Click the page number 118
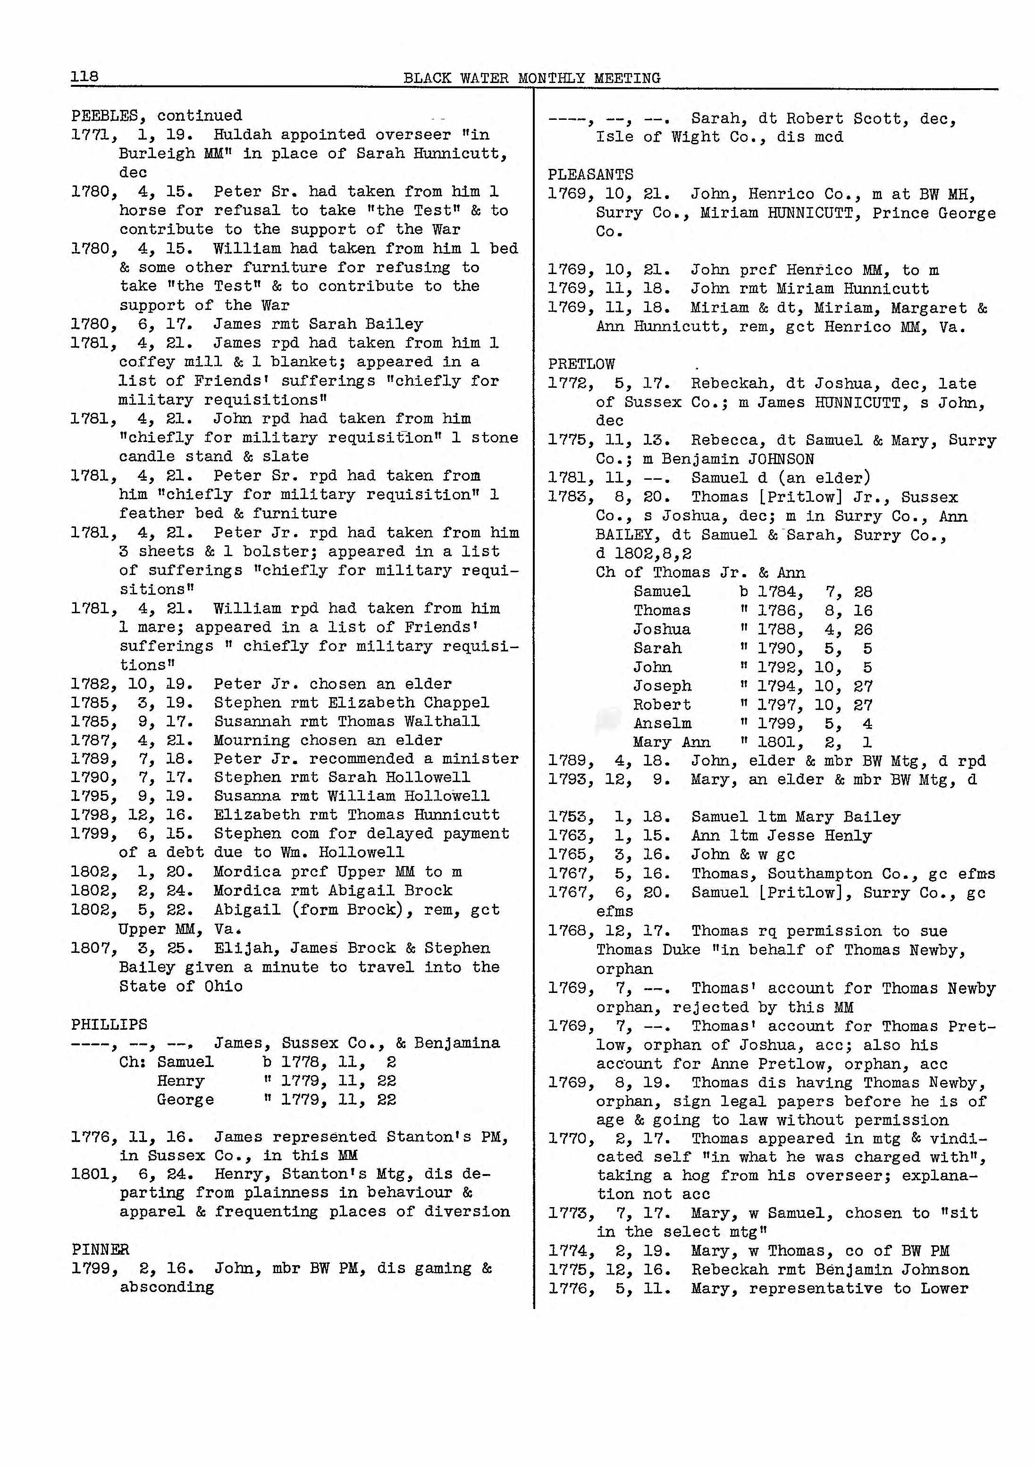pos(84,77)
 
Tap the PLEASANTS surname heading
pos(590,175)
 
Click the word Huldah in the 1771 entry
pos(242,135)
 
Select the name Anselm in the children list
pos(662,724)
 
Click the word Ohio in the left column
pos(223,986)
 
